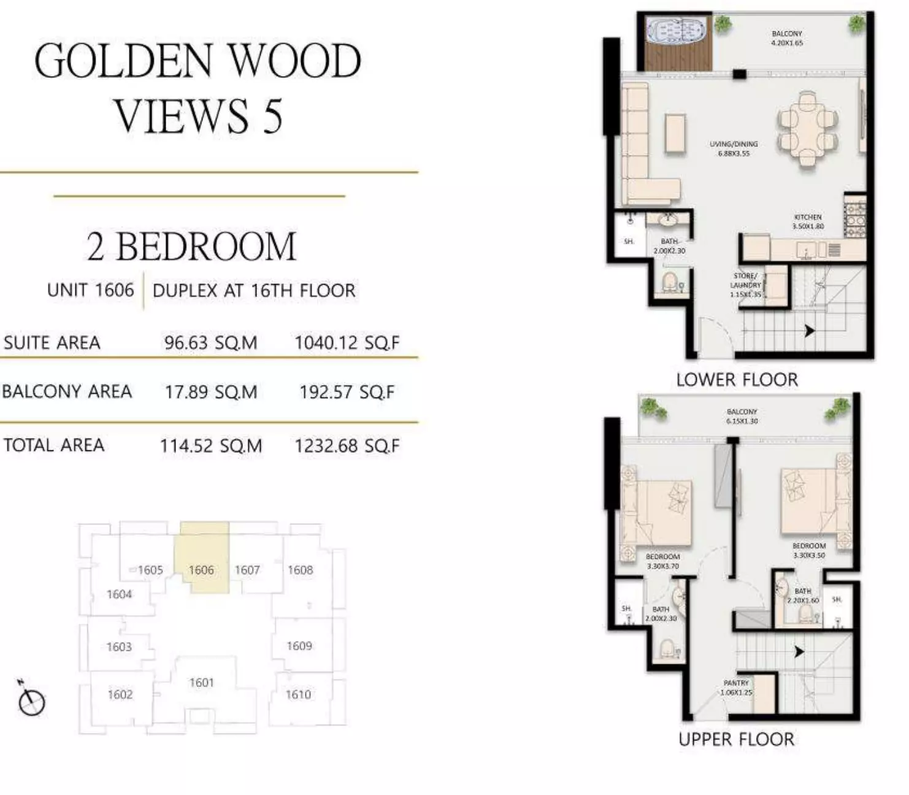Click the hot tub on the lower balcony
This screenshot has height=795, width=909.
click(x=678, y=31)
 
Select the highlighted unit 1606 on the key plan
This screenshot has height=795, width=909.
click(x=202, y=569)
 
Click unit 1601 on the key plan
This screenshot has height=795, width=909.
click(x=202, y=682)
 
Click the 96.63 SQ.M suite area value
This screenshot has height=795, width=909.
click(x=210, y=342)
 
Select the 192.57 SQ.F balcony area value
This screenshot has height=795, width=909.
click(x=347, y=392)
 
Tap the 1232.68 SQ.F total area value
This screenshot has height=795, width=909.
click(x=347, y=446)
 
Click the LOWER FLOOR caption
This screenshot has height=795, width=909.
click(x=737, y=380)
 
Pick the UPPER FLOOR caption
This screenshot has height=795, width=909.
click(x=736, y=739)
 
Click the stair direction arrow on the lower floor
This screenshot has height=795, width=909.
click(x=810, y=331)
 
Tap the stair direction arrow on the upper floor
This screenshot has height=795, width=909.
click(x=799, y=651)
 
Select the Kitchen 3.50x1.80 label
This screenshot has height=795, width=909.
click(x=808, y=221)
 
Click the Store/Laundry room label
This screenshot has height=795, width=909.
click(x=745, y=285)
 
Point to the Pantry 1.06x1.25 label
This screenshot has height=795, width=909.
click(x=736, y=687)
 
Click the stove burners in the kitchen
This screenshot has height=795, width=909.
click(x=855, y=217)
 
